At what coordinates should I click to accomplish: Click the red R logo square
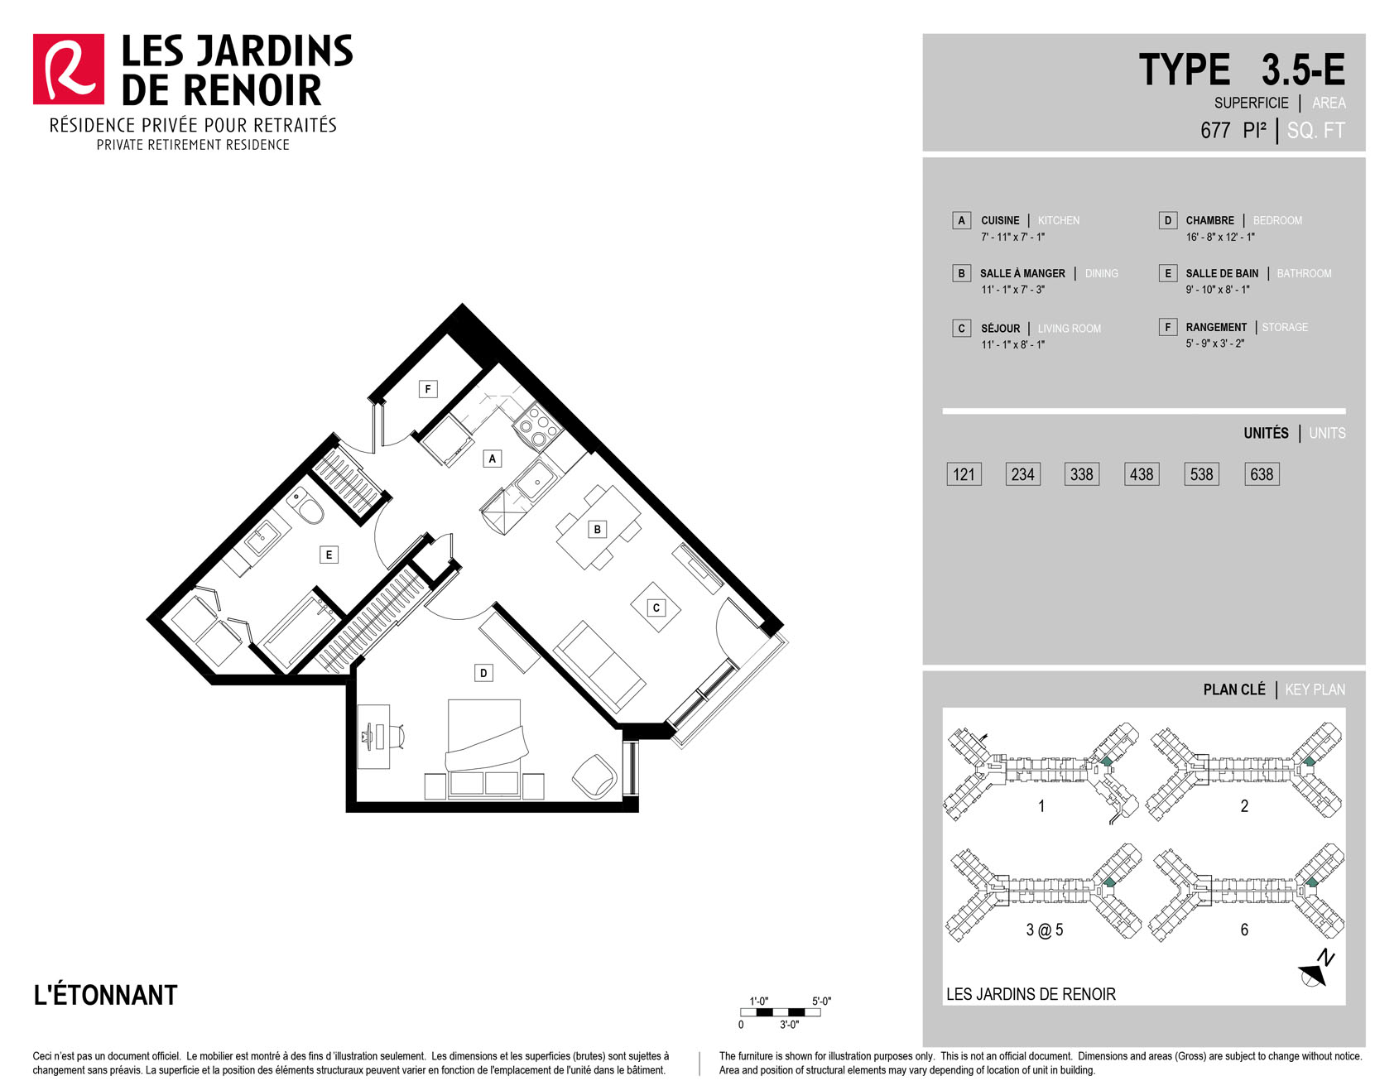(69, 70)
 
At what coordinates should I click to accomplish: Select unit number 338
(1082, 474)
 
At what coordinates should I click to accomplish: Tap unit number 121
(964, 474)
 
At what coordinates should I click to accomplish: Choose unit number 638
(1262, 474)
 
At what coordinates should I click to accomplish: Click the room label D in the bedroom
(483, 673)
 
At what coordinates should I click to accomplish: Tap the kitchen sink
(534, 480)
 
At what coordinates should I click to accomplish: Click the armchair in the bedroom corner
(594, 776)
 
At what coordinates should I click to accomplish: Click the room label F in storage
(428, 389)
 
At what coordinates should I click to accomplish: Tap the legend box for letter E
(1168, 273)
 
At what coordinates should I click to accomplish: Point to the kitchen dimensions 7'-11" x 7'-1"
(1013, 237)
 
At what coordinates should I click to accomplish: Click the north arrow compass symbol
(1316, 969)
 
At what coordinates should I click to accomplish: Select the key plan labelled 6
(1247, 894)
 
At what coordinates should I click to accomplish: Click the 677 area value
(1215, 131)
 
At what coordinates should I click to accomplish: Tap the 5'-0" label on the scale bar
(821, 1001)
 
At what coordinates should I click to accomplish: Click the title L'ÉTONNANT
(105, 994)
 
